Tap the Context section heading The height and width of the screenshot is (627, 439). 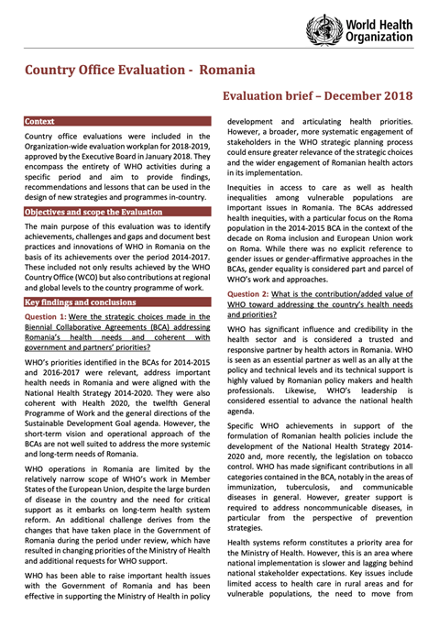39,121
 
